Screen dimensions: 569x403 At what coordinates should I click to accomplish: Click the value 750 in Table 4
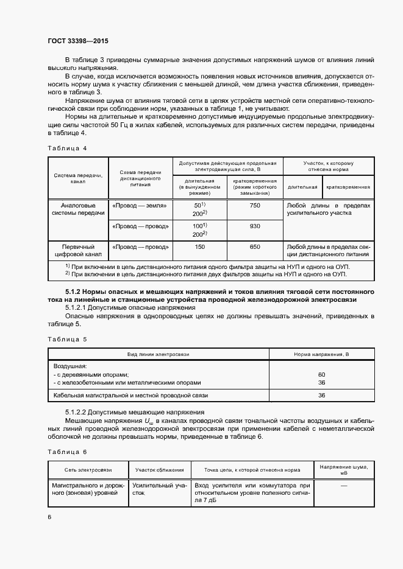point(254,206)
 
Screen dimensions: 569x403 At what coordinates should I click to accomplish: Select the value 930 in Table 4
point(254,226)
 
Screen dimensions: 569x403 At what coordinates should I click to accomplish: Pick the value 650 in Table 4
point(254,246)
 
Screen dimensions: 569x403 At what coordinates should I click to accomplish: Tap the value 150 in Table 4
point(199,246)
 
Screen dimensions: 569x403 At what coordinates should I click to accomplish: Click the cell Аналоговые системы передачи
point(78,210)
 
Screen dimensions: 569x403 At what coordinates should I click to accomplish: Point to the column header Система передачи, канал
point(78,178)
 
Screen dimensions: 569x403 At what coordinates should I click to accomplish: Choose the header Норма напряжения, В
point(321,354)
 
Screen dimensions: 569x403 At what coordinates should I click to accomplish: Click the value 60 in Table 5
point(321,374)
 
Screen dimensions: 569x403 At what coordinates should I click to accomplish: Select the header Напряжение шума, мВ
point(343,470)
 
